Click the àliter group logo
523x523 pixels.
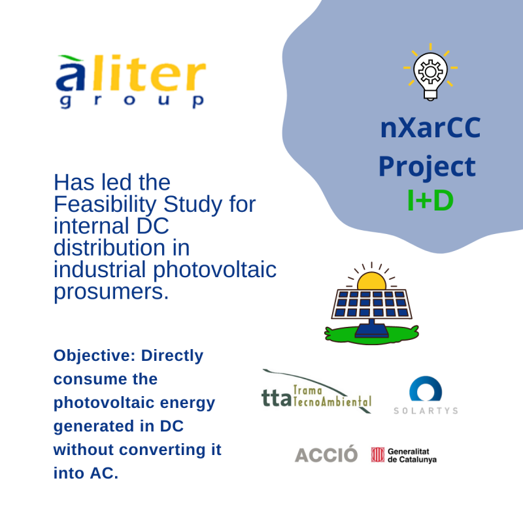131,81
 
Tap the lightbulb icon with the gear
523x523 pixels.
430,73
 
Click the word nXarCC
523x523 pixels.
430,127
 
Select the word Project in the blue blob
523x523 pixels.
427,167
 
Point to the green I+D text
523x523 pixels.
430,201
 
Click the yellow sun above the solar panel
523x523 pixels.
371,281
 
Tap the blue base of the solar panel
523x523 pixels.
371,329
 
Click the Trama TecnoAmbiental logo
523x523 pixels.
316,391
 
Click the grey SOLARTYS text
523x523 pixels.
426,411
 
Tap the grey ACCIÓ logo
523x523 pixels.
326,454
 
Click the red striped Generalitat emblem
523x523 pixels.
378,454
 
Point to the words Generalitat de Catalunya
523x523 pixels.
412,455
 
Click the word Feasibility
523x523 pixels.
105,205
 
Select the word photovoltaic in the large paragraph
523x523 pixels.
215,269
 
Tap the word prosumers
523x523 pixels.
111,292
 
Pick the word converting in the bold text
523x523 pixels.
163,450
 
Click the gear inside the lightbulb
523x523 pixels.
430,71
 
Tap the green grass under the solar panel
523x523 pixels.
371,335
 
